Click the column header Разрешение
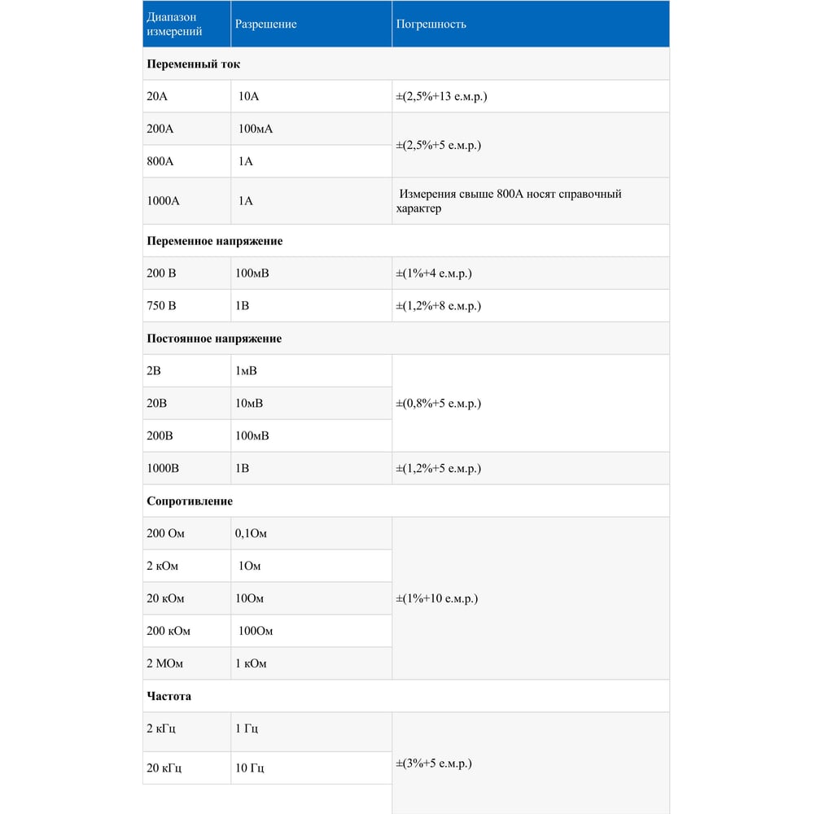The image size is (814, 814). click(x=265, y=24)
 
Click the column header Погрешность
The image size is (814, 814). click(x=431, y=24)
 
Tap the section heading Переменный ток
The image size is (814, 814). click(x=193, y=63)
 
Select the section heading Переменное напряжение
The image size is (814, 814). click(x=214, y=241)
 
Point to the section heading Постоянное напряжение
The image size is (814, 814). click(x=214, y=339)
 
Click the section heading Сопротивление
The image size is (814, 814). click(x=190, y=501)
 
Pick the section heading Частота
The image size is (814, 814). click(x=169, y=697)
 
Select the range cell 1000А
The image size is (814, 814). click(x=163, y=200)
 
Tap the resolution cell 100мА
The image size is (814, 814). click(x=256, y=129)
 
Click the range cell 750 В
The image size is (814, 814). click(x=161, y=306)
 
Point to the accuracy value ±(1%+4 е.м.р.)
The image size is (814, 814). click(x=434, y=274)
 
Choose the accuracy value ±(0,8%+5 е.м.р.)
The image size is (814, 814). click(x=438, y=404)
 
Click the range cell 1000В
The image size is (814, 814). click(x=163, y=469)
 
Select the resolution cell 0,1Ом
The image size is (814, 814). click(x=251, y=534)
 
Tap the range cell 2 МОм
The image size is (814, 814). click(x=165, y=664)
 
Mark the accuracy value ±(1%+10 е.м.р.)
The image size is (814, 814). click(x=436, y=599)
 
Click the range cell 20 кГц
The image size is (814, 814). click(x=164, y=768)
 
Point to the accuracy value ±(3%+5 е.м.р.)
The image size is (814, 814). click(x=434, y=764)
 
